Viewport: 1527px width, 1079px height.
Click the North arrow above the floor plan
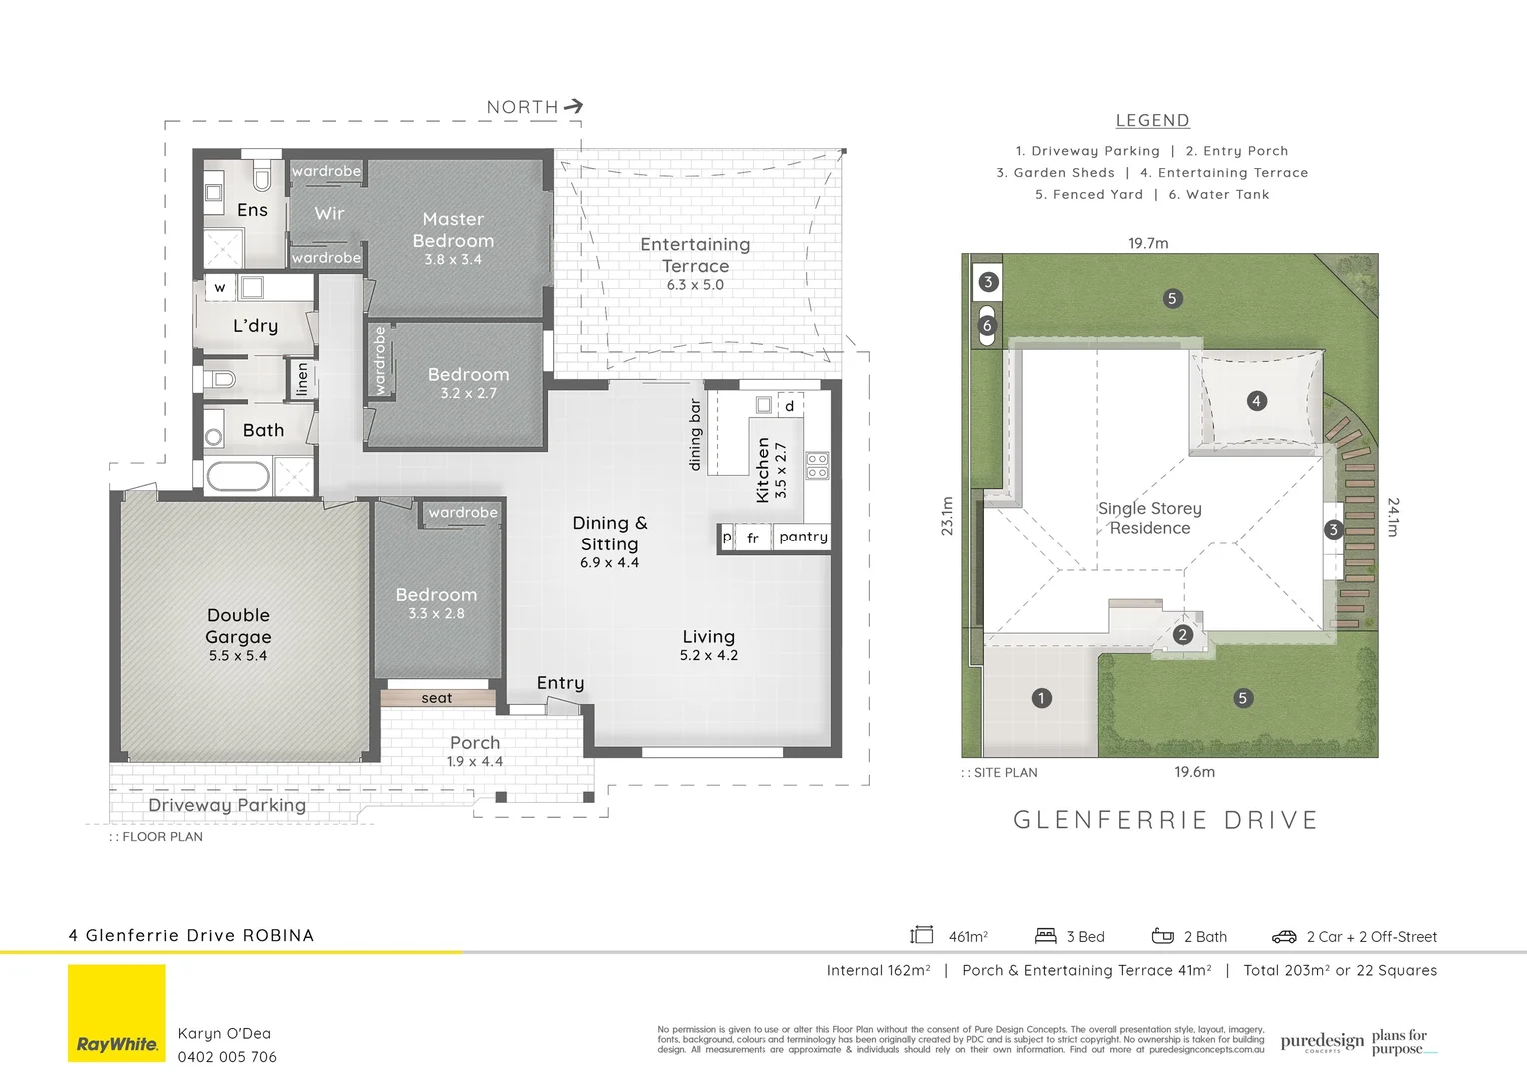573,106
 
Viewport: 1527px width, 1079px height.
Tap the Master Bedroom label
453,229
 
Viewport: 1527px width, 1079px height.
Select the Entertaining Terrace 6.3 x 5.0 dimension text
695,285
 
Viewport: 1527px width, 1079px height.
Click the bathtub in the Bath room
238,476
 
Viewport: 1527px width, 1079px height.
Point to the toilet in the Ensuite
262,177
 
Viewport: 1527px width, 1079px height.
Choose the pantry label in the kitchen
803,537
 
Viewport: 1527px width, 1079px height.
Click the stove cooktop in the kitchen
817,465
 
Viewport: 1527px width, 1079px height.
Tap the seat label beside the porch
437,698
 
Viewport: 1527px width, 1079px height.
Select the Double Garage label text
238,626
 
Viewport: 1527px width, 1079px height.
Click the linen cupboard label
302,379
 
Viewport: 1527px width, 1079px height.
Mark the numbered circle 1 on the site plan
1041,698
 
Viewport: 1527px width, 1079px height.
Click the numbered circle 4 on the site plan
1256,401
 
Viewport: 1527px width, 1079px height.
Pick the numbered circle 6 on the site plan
987,326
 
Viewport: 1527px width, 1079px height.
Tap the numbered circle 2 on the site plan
1183,635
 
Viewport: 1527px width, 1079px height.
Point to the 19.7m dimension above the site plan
1148,243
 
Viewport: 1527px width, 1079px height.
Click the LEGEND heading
1152,120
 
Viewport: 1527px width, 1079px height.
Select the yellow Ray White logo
117,1013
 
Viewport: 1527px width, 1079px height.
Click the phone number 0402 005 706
227,1057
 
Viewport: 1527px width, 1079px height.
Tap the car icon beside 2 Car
1284,936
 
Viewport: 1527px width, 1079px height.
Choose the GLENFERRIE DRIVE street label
1165,820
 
